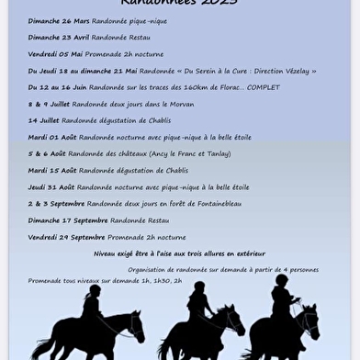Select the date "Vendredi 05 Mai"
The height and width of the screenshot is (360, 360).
(55, 54)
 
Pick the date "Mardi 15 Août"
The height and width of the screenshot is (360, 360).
(51, 170)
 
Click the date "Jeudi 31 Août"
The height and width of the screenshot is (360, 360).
(51, 186)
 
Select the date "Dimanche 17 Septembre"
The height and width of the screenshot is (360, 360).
(67, 220)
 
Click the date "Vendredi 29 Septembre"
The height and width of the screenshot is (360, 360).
(66, 237)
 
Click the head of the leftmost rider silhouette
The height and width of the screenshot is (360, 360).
(93, 292)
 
